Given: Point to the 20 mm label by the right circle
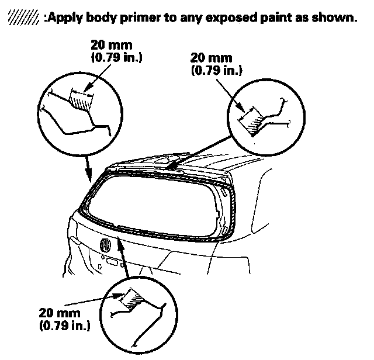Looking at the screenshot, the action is tap(210, 58).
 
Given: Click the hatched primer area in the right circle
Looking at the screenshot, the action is tap(253, 122).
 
